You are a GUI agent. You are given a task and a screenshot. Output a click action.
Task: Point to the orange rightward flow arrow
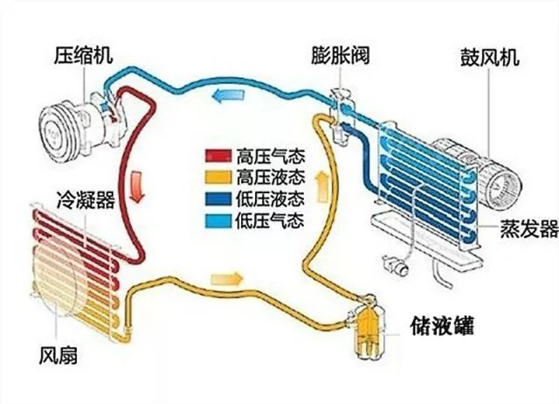pos(224,279)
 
